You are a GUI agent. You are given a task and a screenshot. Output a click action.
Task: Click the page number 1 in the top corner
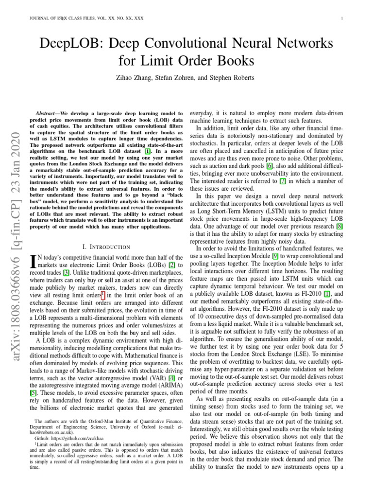(343, 19)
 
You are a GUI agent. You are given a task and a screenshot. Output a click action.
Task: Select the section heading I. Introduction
(107, 247)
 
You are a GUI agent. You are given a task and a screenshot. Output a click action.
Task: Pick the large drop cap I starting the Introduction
(33, 263)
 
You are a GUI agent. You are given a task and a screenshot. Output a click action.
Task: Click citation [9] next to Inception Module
(275, 256)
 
